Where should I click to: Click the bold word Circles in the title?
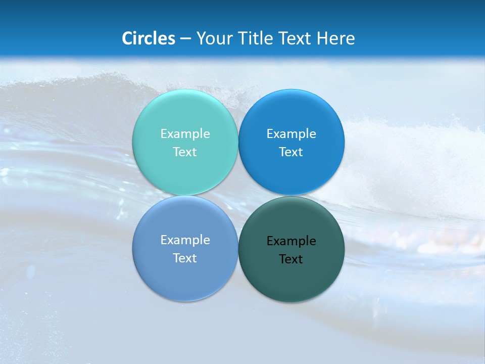149,38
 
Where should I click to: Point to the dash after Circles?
185,39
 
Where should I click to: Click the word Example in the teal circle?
185,134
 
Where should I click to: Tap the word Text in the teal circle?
185,152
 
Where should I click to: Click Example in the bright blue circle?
291,134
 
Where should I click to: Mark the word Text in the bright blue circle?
291,152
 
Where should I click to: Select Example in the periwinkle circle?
185,240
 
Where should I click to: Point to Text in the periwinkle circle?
185,258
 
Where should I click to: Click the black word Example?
291,241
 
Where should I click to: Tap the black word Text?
291,259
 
